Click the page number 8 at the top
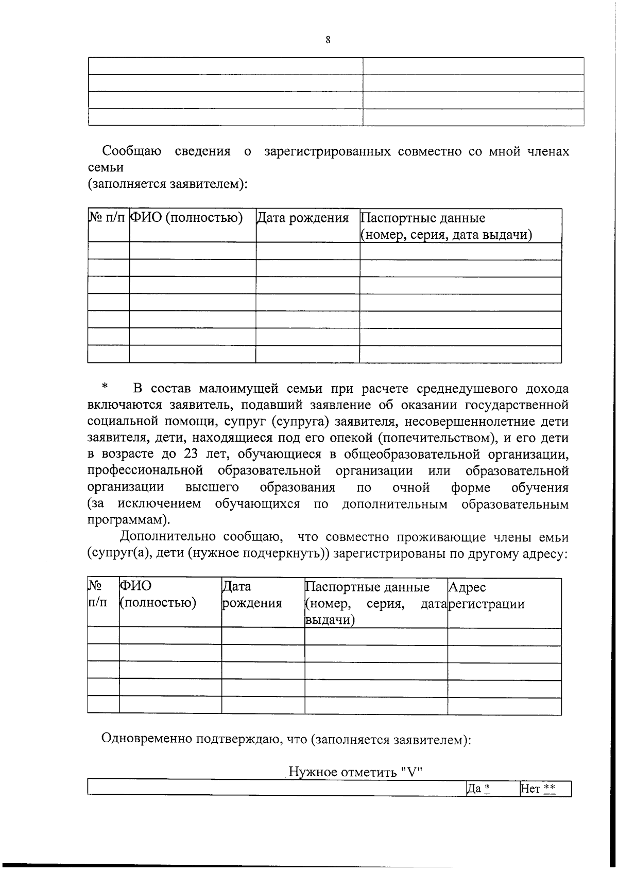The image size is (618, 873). point(328,40)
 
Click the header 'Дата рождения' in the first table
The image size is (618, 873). point(303,218)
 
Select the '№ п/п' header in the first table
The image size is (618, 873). point(107,218)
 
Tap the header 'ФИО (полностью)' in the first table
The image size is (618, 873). point(186,218)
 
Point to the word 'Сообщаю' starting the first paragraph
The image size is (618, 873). point(132,151)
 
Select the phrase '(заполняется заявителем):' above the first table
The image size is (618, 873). point(167,184)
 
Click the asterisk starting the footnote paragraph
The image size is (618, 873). point(105,386)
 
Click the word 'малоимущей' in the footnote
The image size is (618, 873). point(236,389)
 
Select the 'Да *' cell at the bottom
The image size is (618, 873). point(477,788)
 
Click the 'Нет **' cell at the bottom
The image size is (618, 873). point(538,788)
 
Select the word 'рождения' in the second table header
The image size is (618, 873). point(252,603)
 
